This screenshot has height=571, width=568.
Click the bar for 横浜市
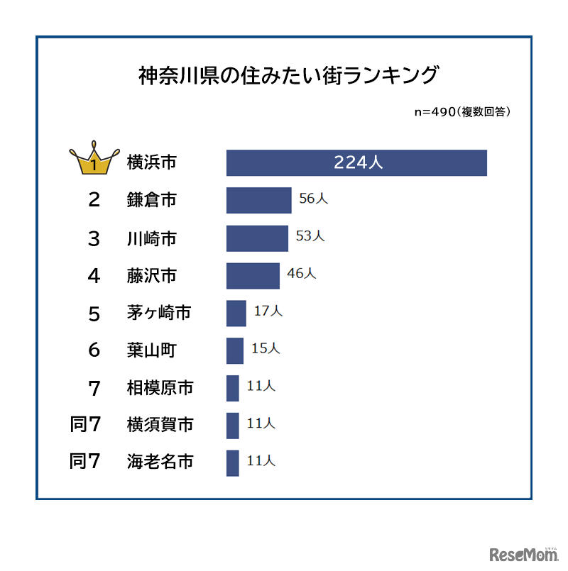pyautogui.click(x=356, y=162)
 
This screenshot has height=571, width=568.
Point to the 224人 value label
pyautogui.click(x=359, y=162)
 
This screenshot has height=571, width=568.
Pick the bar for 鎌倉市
pyautogui.click(x=258, y=200)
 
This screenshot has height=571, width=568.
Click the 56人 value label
pyautogui.click(x=313, y=199)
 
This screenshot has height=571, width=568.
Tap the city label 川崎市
pyautogui.click(x=151, y=238)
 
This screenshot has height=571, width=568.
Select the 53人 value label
pyautogui.click(x=310, y=237)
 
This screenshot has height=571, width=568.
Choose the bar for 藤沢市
pyautogui.click(x=253, y=275)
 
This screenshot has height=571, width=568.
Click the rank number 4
pyautogui.click(x=94, y=276)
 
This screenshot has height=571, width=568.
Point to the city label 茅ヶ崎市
pyautogui.click(x=160, y=313)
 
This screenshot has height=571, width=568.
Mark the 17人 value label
pyautogui.click(x=268, y=311)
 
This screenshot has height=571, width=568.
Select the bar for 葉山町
pyautogui.click(x=235, y=350)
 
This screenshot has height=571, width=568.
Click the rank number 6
pyautogui.click(x=94, y=351)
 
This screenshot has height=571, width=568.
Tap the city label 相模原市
pyautogui.click(x=160, y=388)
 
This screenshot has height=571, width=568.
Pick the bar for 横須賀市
pyautogui.click(x=232, y=426)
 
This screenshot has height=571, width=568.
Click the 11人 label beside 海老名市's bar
pyautogui.click(x=261, y=462)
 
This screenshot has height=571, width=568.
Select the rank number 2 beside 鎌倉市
pyautogui.click(x=94, y=201)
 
